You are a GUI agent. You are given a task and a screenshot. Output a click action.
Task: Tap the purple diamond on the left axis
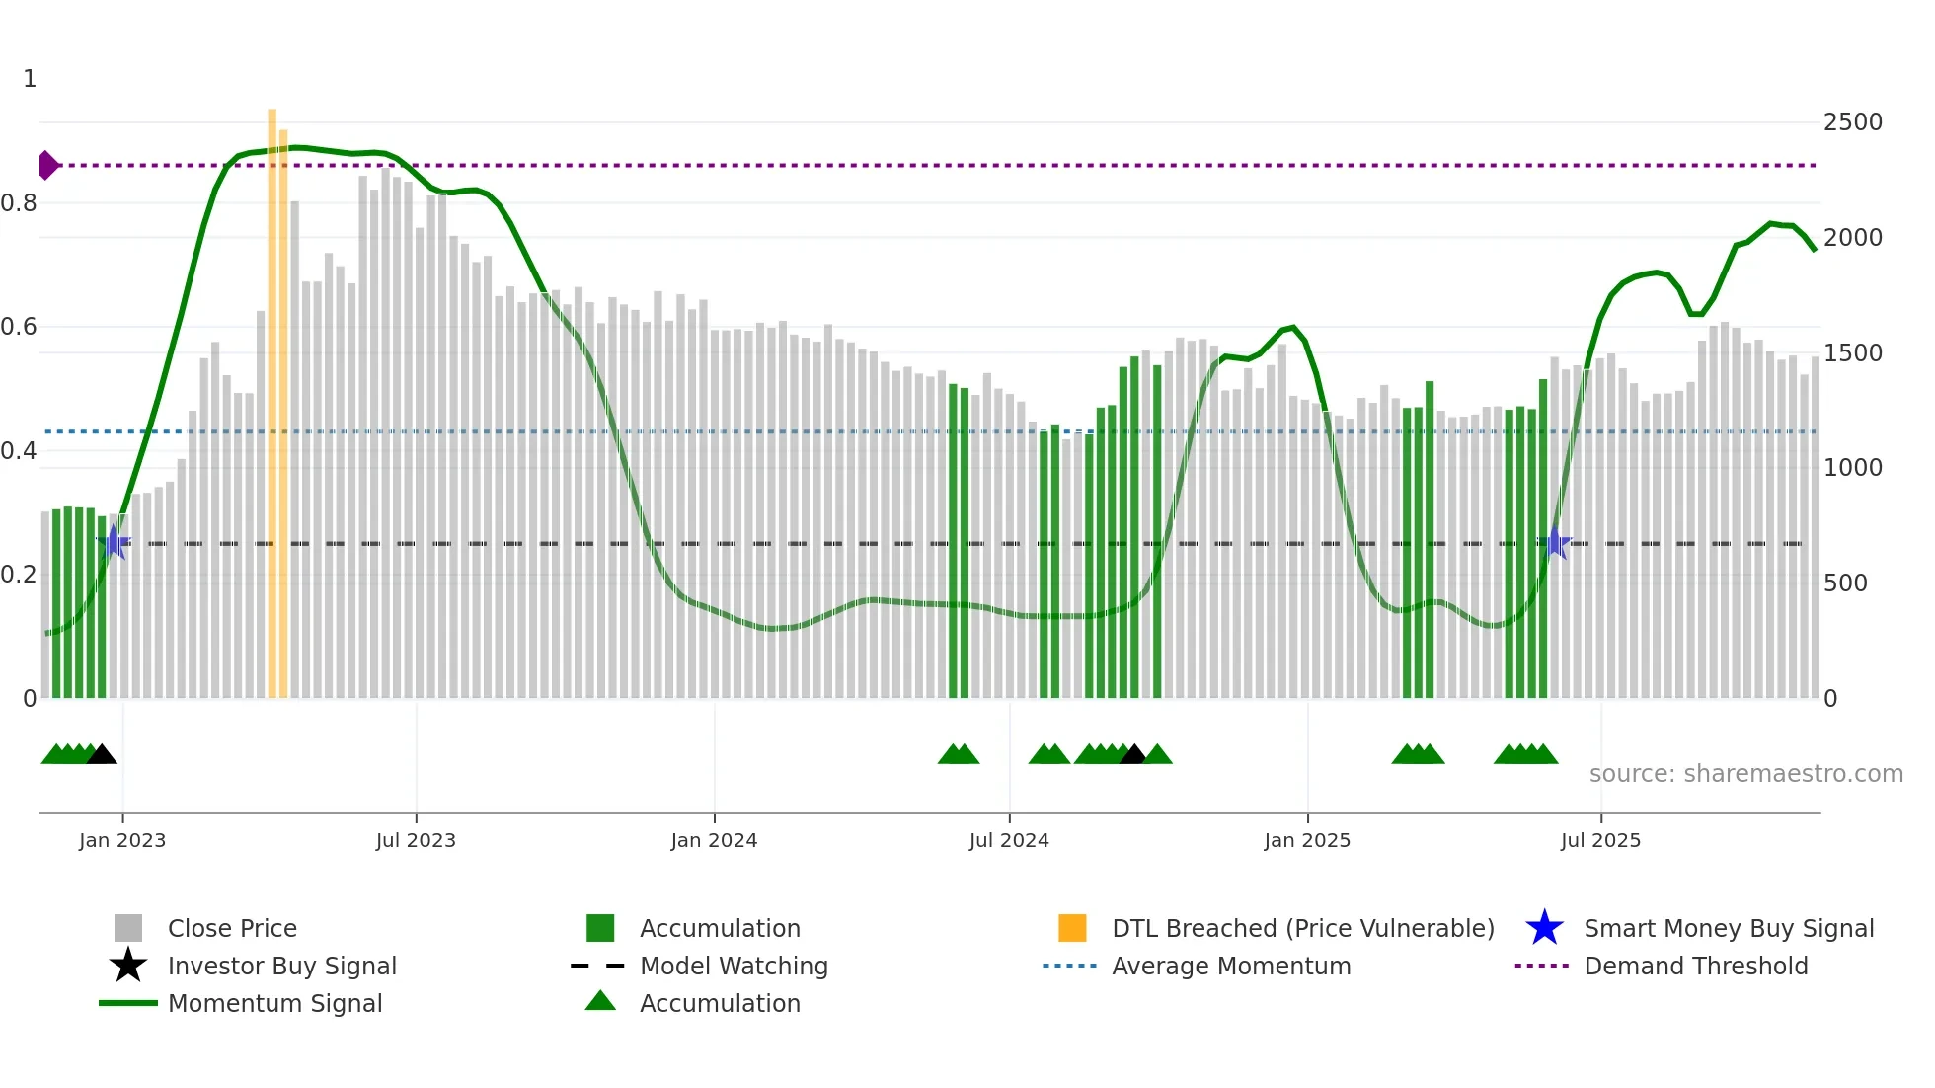click(x=47, y=165)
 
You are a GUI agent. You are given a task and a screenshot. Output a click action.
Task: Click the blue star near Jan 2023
click(x=114, y=542)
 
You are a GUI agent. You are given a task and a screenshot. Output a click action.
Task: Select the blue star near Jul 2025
click(x=1556, y=542)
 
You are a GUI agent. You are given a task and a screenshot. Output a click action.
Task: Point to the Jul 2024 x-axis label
click(x=1009, y=840)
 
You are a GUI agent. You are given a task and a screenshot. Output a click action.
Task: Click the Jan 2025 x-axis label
click(x=1307, y=840)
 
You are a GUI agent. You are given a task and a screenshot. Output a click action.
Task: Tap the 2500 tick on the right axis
click(x=1852, y=122)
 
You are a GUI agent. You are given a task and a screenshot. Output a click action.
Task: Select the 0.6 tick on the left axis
click(x=20, y=327)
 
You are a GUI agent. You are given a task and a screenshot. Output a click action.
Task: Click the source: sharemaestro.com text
click(x=1745, y=774)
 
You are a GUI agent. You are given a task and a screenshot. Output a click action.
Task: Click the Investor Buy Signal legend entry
click(x=281, y=966)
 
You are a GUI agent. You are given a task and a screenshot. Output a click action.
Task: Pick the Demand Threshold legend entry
click(x=1695, y=966)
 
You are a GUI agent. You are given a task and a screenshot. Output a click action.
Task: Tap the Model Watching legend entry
click(x=734, y=966)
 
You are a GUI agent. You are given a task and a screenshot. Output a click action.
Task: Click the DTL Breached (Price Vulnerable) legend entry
click(x=1302, y=928)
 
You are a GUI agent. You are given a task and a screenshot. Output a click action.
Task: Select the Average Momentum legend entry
click(x=1230, y=966)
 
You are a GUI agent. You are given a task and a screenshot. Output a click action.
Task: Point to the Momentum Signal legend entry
click(x=274, y=1003)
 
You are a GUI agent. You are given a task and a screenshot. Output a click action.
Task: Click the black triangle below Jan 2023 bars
click(x=102, y=755)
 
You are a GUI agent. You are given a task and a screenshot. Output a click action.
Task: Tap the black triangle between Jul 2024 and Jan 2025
click(x=1133, y=755)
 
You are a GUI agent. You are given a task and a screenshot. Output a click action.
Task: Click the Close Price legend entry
click(x=232, y=928)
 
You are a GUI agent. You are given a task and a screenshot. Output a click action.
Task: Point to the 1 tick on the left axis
click(x=30, y=79)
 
